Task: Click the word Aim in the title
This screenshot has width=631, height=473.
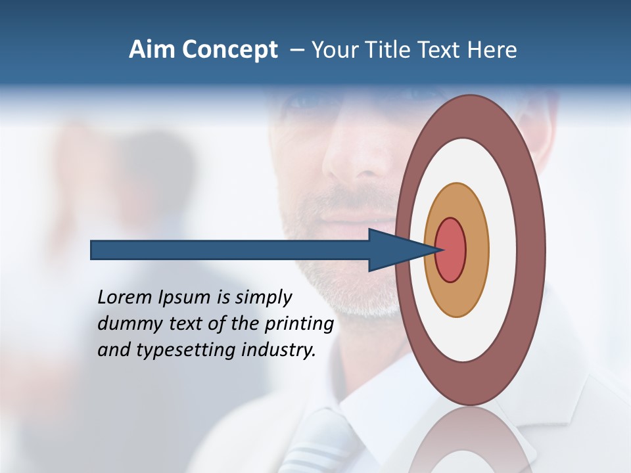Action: tap(150, 50)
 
